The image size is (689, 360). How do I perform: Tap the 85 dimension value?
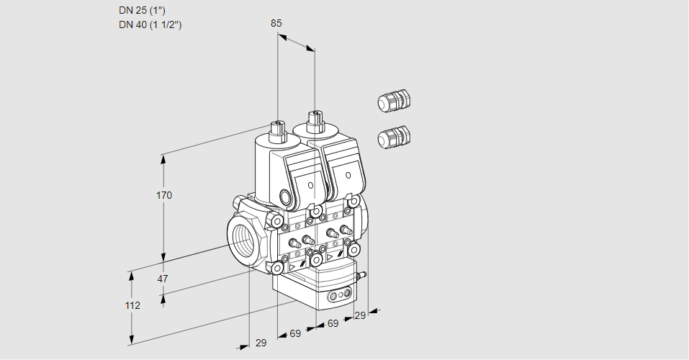[276, 23]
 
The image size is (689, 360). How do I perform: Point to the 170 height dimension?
[164, 195]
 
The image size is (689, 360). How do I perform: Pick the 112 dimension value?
[132, 305]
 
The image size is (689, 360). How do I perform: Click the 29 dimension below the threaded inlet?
[261, 343]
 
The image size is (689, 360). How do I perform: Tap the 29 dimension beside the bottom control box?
[361, 315]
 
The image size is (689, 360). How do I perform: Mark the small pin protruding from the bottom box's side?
[364, 274]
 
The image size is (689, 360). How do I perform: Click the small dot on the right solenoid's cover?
[348, 175]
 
